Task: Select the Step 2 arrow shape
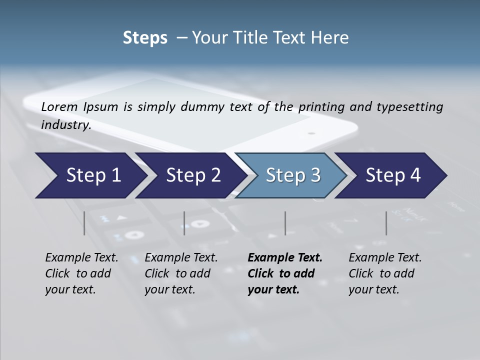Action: (193, 175)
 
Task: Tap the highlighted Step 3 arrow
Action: (293, 175)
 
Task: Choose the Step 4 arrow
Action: (393, 175)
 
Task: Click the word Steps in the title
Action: (145, 38)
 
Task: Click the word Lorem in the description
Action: (59, 106)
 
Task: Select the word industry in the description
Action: (65, 125)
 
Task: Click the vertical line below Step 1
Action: (84, 223)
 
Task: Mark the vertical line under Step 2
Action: (184, 223)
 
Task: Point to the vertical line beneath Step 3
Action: (285, 223)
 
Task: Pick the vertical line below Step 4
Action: (386, 223)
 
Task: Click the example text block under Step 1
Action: (81, 273)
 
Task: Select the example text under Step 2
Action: (181, 273)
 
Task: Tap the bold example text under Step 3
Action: (285, 273)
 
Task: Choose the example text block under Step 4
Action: (385, 273)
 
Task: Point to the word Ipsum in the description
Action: (101, 106)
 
